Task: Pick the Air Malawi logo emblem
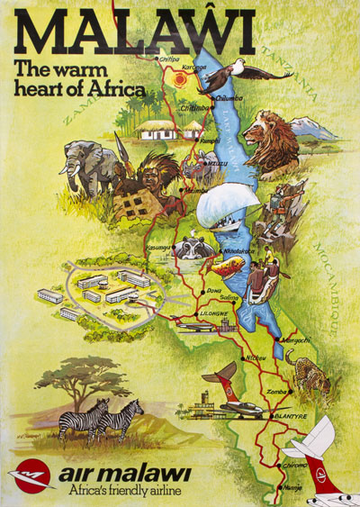coord(32,475)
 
